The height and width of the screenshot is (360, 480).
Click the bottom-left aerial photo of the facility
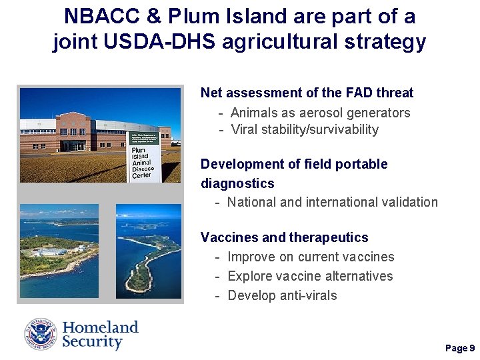click(x=59, y=251)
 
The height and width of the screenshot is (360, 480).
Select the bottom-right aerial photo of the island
click(x=148, y=251)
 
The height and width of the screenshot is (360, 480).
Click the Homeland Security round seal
click(x=41, y=335)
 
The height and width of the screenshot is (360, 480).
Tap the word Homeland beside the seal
click(x=100, y=327)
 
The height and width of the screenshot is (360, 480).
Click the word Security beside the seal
click(x=93, y=343)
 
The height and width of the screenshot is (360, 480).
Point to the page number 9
click(x=472, y=348)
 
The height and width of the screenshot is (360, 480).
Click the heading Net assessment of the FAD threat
click(x=307, y=93)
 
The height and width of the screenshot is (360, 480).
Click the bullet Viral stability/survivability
click(x=305, y=129)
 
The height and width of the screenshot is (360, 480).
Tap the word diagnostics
click(x=237, y=183)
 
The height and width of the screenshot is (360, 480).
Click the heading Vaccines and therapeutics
click(x=284, y=237)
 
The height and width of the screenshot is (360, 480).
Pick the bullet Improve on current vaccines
click(x=311, y=257)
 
